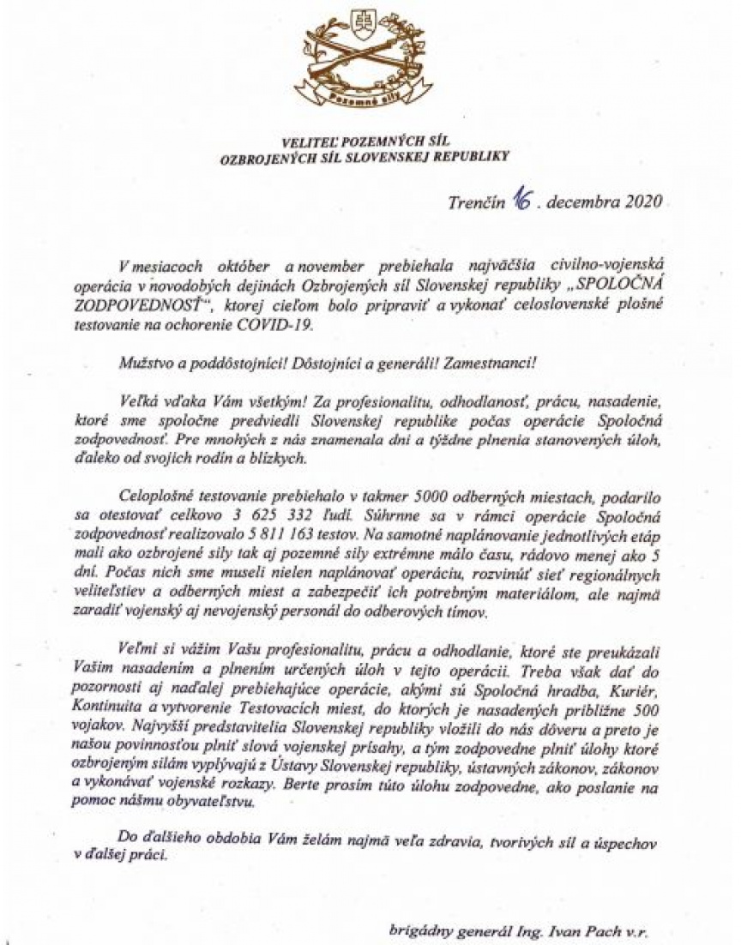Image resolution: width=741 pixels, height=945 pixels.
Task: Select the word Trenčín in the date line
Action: click(476, 202)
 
